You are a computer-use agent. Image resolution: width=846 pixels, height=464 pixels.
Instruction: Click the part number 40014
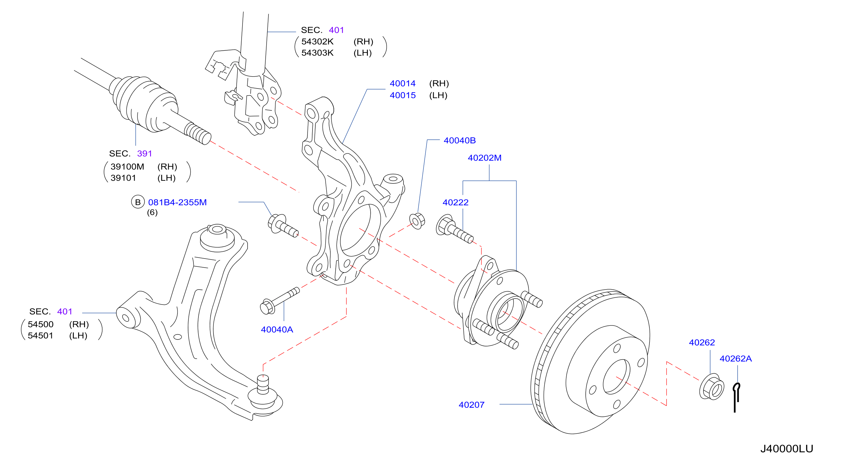402,83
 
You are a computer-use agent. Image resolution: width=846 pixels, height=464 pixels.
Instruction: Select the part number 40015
402,95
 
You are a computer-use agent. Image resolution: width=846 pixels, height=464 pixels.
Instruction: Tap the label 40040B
459,140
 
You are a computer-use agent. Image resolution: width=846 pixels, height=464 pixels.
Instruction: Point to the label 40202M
484,158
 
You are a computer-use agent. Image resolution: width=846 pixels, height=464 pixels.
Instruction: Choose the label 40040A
277,329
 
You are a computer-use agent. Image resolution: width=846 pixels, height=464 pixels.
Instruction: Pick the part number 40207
471,405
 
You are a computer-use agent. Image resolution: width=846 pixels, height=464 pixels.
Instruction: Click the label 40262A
735,358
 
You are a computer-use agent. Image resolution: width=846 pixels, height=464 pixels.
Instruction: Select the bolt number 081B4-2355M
177,202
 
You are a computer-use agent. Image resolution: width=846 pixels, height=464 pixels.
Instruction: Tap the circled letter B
138,202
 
